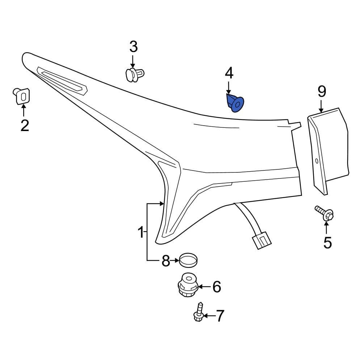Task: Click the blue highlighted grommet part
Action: click(x=235, y=103)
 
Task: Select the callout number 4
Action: click(x=229, y=73)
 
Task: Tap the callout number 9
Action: click(x=322, y=92)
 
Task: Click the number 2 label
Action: click(x=24, y=125)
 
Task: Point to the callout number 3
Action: click(x=134, y=47)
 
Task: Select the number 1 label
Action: click(x=140, y=232)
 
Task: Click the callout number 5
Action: click(x=327, y=243)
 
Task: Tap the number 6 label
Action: click(x=216, y=287)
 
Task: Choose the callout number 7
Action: click(x=220, y=316)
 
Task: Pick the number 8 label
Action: click(x=165, y=261)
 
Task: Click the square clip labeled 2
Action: click(x=22, y=96)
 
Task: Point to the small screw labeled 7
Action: click(x=198, y=313)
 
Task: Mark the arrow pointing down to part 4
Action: click(x=229, y=88)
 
